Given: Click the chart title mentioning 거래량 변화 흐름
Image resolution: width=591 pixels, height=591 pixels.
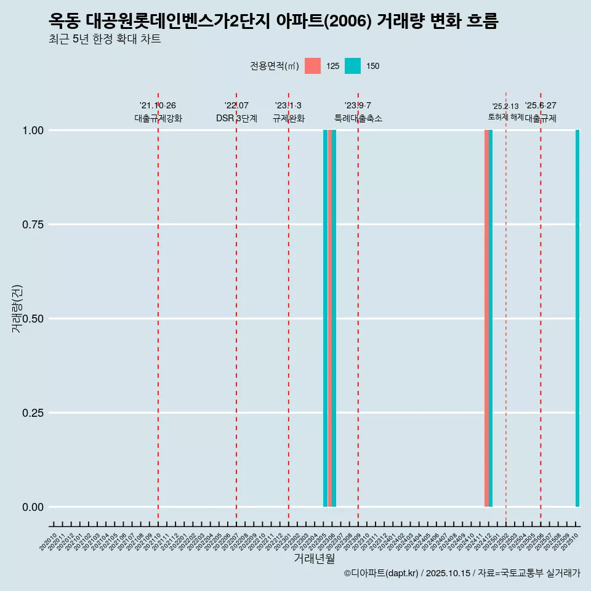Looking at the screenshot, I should tap(273, 21).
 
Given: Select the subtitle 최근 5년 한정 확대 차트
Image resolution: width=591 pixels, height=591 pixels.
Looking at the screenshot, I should tap(105, 39).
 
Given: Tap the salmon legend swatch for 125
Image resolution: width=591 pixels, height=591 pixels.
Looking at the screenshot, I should tap(313, 66).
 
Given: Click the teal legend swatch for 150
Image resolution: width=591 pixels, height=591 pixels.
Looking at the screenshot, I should tap(353, 66).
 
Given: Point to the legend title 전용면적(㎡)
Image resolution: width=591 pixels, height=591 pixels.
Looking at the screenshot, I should tap(275, 66).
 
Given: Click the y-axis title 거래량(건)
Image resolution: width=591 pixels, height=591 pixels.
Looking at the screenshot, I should tap(17, 309).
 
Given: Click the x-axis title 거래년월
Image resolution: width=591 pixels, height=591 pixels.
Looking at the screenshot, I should tap(314, 559).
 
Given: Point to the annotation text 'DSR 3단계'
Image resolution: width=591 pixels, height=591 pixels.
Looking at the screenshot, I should tap(236, 118).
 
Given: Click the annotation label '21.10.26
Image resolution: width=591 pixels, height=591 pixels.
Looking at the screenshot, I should tap(158, 105).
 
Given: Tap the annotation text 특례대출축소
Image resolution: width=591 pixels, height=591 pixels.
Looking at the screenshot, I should tap(358, 118).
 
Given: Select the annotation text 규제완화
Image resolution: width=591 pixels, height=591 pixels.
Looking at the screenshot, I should tap(289, 118).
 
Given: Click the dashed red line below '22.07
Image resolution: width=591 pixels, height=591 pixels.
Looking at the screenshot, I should tap(236, 308).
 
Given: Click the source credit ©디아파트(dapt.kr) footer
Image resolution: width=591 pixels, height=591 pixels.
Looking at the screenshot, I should tap(462, 573).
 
